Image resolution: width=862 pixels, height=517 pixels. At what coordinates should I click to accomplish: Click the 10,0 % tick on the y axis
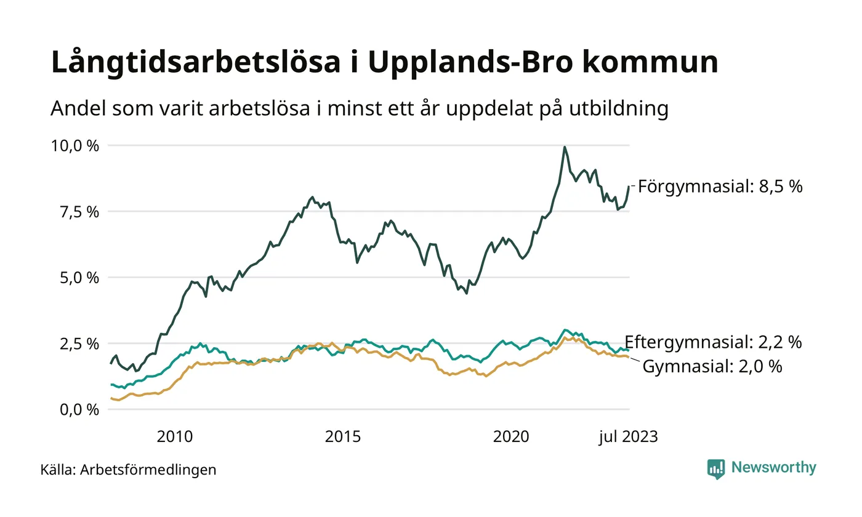coord(76,146)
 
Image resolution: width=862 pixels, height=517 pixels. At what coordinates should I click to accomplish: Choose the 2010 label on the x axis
coord(175,437)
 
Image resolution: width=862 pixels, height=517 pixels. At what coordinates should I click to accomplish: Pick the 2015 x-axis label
coord(343,437)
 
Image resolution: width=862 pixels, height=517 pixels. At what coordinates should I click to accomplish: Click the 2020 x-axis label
coord(511,437)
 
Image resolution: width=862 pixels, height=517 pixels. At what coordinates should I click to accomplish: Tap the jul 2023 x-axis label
coord(629,437)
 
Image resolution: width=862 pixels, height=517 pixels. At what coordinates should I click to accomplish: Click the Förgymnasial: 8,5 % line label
coord(720,186)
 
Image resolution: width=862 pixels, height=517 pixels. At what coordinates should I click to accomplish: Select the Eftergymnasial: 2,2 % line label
coord(713,342)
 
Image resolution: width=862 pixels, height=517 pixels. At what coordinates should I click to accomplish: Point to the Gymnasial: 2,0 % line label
coord(712,367)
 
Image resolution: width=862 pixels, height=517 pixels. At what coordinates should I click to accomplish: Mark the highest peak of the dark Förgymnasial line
coord(565,147)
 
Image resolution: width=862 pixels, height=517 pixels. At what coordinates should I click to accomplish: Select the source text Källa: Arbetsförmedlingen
coord(128,470)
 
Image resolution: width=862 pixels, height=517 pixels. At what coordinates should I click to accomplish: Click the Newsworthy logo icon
coord(716,468)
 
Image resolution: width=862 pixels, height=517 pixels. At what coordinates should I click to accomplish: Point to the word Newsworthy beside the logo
coord(774,468)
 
